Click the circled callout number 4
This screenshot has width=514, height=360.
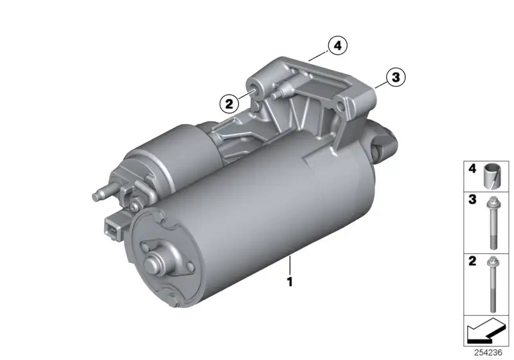tap(337, 46)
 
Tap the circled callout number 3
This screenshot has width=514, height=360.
tap(396, 77)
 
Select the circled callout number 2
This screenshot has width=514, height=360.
tap(229, 104)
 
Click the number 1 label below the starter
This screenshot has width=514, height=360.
tap(290, 282)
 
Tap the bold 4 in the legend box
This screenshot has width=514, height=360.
tap(472, 169)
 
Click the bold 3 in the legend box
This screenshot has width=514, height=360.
tap(472, 199)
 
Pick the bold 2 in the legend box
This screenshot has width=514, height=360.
tap(472, 261)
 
